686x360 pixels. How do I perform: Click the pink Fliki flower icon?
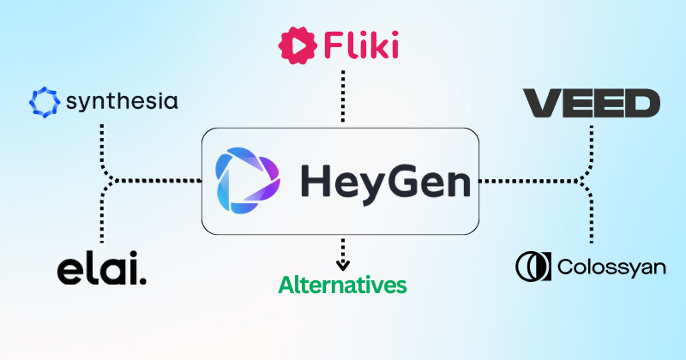coord(298,45)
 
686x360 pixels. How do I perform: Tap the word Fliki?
coord(361,45)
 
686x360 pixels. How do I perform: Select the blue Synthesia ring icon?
coord(45,102)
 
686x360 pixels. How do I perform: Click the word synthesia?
coord(122,102)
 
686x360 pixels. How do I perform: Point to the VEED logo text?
coord(592,103)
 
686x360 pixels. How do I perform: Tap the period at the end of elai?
coord(142,281)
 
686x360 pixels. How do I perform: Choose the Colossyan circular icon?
coord(533,267)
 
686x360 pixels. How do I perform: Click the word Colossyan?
coord(611,267)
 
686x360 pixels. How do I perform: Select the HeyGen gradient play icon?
coord(248,181)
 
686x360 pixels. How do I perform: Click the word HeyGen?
coord(386,182)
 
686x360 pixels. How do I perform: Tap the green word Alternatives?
coord(342,285)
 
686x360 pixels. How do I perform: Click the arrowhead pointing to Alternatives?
coord(342,265)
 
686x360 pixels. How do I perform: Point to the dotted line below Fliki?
coord(343,96)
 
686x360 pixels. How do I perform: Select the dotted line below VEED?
coord(589,151)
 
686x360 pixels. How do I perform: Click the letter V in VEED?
coord(542,103)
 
